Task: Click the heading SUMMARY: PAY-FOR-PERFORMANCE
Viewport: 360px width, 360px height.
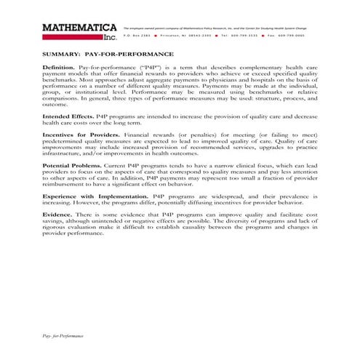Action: coord(108,54)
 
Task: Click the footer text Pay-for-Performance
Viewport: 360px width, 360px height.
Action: coord(63,337)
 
